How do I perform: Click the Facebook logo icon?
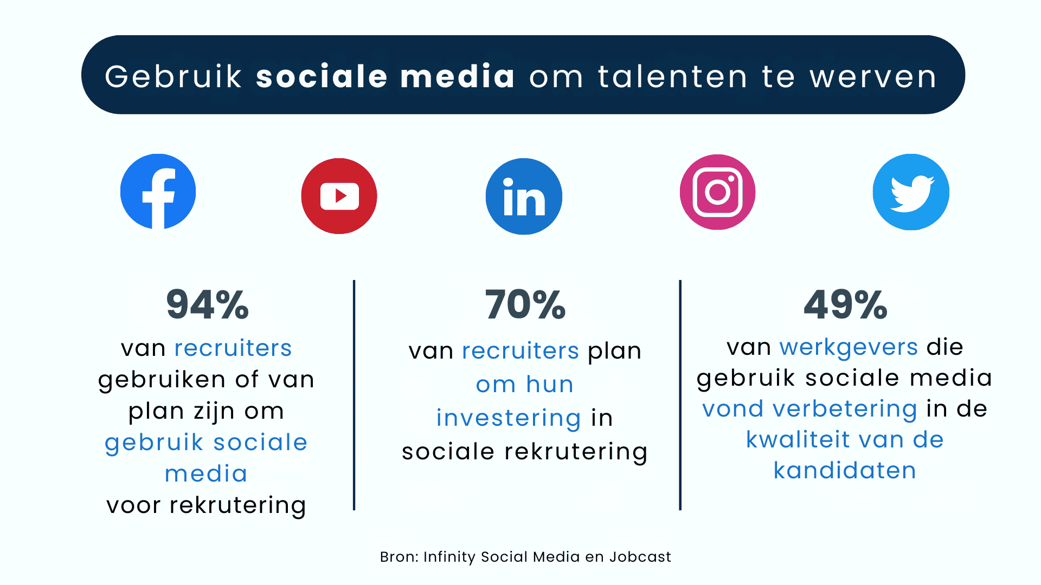pos(158,192)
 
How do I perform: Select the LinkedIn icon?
pos(524,196)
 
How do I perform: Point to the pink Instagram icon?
pos(717,192)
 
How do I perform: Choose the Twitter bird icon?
pos(911,192)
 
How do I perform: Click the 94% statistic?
pos(208,304)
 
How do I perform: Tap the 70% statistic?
pos(525,304)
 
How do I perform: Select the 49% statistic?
pos(845,304)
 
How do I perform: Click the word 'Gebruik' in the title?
pos(173,76)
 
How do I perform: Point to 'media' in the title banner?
pos(458,76)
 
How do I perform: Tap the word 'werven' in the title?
pos(873,76)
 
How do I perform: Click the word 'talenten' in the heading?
pos(673,76)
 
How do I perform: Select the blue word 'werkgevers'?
pos(849,347)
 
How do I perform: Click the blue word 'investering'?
pos(509,418)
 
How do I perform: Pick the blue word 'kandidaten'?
pos(845,470)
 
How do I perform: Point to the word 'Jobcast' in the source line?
pos(640,557)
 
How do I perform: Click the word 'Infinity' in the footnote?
pos(449,557)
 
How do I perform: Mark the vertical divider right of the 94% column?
pos(354,395)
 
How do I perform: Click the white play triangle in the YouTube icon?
pos(340,196)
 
